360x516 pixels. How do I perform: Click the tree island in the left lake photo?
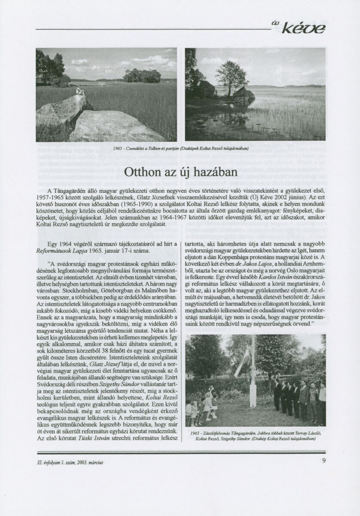click(x=142, y=76)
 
